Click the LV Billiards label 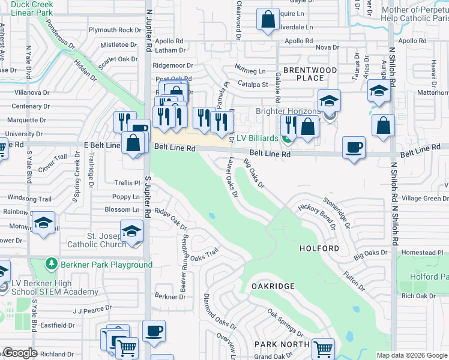(x=257, y=139)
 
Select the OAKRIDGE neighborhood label (x=273, y=286)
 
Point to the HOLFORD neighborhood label (x=319, y=248)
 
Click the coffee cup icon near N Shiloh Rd (x=354, y=148)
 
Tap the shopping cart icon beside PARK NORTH (x=323, y=348)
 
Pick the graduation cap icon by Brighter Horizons (x=329, y=100)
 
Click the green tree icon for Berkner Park (x=52, y=265)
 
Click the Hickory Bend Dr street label (x=316, y=217)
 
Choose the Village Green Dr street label (x=424, y=198)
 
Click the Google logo (x=20, y=353)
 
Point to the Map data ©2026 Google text (x=412, y=355)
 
